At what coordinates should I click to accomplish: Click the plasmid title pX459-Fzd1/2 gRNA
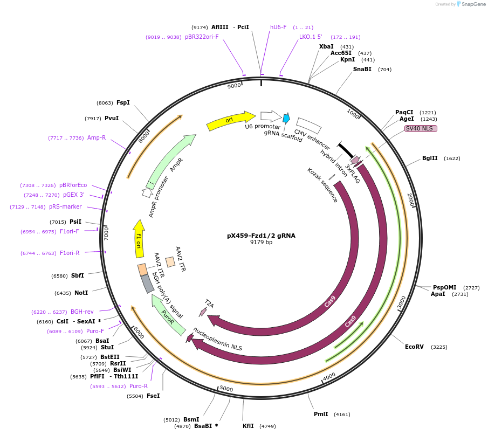[x=261, y=236]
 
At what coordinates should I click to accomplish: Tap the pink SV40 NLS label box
[x=421, y=128]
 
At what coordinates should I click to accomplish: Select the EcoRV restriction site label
[x=415, y=347]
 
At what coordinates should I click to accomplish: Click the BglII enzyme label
[x=430, y=158]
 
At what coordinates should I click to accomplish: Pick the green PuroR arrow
[x=168, y=315]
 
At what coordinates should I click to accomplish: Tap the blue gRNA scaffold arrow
[x=286, y=118]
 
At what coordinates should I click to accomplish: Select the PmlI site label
[x=321, y=415]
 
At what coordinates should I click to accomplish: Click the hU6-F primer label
[x=278, y=27]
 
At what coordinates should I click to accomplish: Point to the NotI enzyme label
[x=81, y=293]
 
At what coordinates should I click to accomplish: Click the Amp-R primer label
[x=97, y=138]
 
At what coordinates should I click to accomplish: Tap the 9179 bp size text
[x=261, y=243]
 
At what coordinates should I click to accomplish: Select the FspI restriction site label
[x=123, y=102]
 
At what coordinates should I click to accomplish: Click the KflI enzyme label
[x=248, y=426]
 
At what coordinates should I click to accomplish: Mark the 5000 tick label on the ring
[x=226, y=389]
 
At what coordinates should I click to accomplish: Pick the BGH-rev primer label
[x=83, y=312]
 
